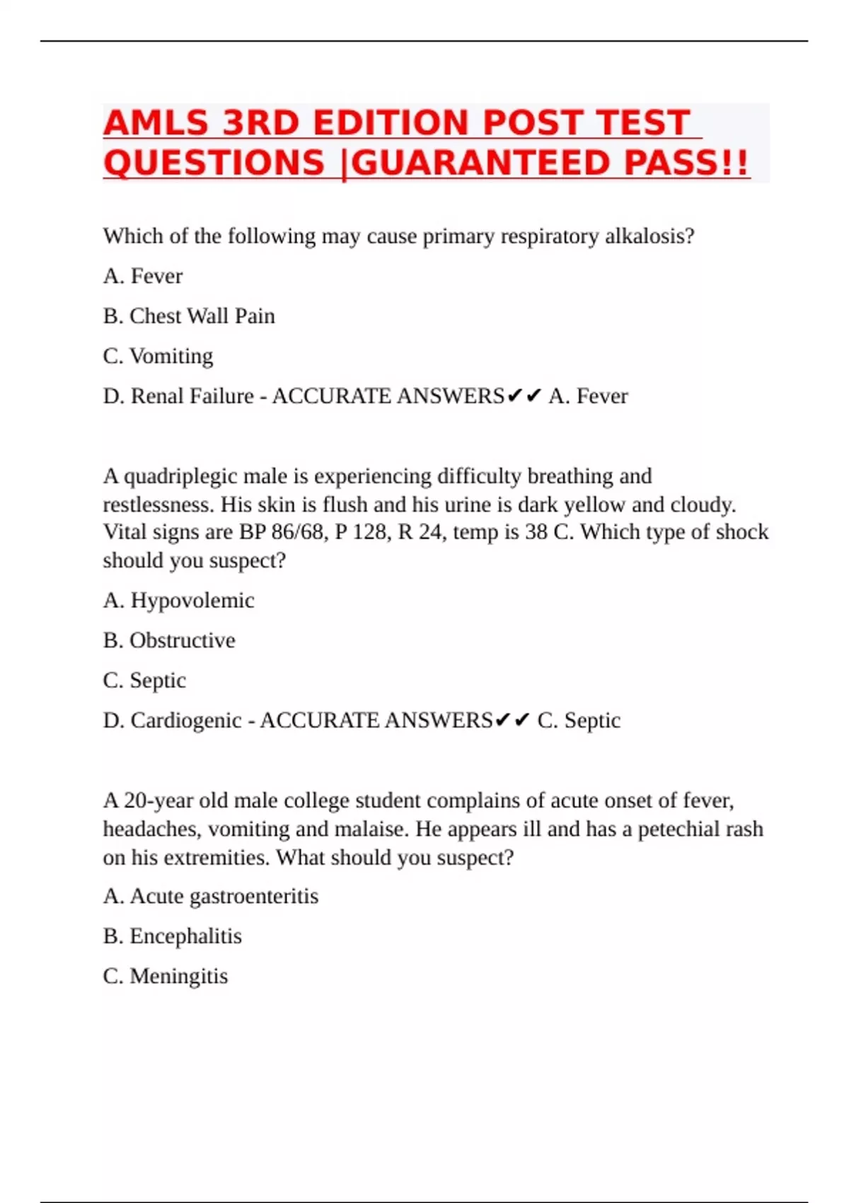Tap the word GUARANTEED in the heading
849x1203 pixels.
click(x=480, y=163)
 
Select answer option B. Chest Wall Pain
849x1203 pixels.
click(x=189, y=316)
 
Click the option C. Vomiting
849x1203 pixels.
click(x=158, y=356)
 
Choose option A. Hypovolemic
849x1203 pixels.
click(x=178, y=601)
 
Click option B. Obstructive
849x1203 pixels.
click(x=169, y=640)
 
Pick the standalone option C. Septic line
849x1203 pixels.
click(x=144, y=681)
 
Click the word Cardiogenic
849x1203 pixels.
click(x=186, y=720)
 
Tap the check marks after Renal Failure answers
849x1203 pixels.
click(x=524, y=396)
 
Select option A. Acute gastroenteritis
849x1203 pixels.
click(x=211, y=897)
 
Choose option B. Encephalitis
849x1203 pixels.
click(x=173, y=936)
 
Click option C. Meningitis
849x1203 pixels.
click(x=166, y=977)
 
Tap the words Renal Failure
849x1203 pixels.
click(x=192, y=396)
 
